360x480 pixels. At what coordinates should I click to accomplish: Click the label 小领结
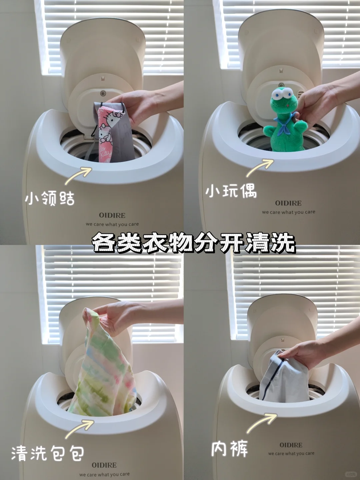[x=50, y=198]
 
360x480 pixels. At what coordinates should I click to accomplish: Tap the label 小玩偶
[x=231, y=191]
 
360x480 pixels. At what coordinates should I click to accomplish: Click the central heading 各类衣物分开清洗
[x=193, y=243]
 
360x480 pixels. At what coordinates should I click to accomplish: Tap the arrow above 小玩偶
[x=260, y=168]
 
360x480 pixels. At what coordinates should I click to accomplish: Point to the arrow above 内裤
[x=261, y=423]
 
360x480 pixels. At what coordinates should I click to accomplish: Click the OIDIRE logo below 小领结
[x=112, y=215]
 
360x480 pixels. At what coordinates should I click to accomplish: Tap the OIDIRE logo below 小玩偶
[x=288, y=203]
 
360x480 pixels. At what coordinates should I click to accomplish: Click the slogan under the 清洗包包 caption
[x=104, y=475]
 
